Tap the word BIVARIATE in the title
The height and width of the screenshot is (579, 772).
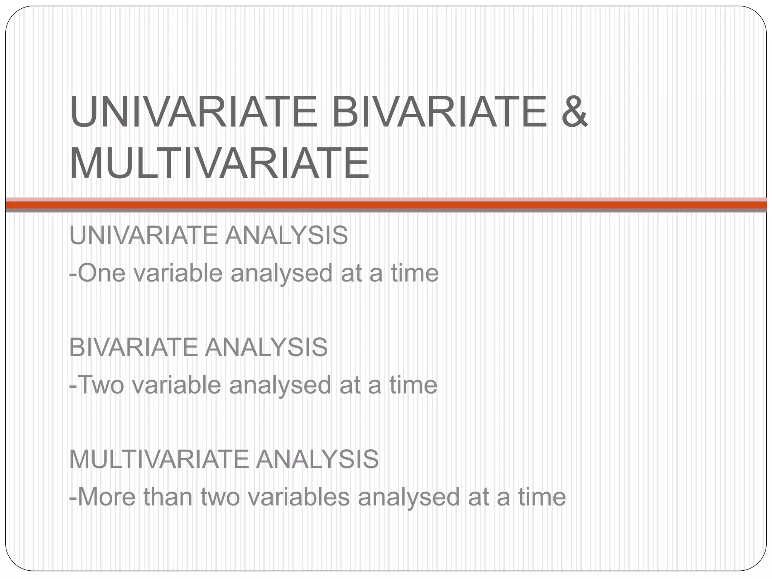(x=439, y=112)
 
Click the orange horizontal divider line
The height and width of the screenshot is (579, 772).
(x=386, y=205)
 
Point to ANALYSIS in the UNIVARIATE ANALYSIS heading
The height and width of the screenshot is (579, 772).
(x=286, y=235)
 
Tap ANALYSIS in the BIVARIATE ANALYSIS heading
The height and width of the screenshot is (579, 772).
(x=266, y=347)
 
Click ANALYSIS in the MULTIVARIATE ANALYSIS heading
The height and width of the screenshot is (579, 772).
(x=317, y=459)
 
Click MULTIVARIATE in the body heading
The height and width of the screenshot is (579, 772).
(x=159, y=459)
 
